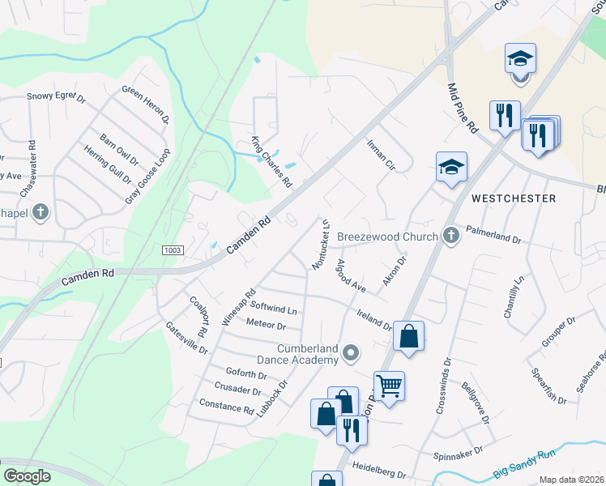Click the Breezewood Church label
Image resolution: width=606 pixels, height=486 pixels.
pos(387,236)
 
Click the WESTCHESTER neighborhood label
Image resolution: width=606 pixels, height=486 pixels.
pos(514,198)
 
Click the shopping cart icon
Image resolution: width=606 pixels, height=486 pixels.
pos(389,386)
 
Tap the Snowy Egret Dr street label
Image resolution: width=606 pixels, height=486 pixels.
pos(56,98)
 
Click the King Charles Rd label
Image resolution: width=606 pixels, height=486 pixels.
pos(271,162)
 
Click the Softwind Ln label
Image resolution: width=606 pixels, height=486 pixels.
pos(274,309)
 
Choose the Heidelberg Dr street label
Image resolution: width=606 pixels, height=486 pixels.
pos(390,471)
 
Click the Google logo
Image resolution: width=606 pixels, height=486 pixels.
pos(27,475)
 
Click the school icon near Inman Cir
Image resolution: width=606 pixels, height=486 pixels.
pos(451,167)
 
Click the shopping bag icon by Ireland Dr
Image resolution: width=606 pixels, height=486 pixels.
pos(408,335)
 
